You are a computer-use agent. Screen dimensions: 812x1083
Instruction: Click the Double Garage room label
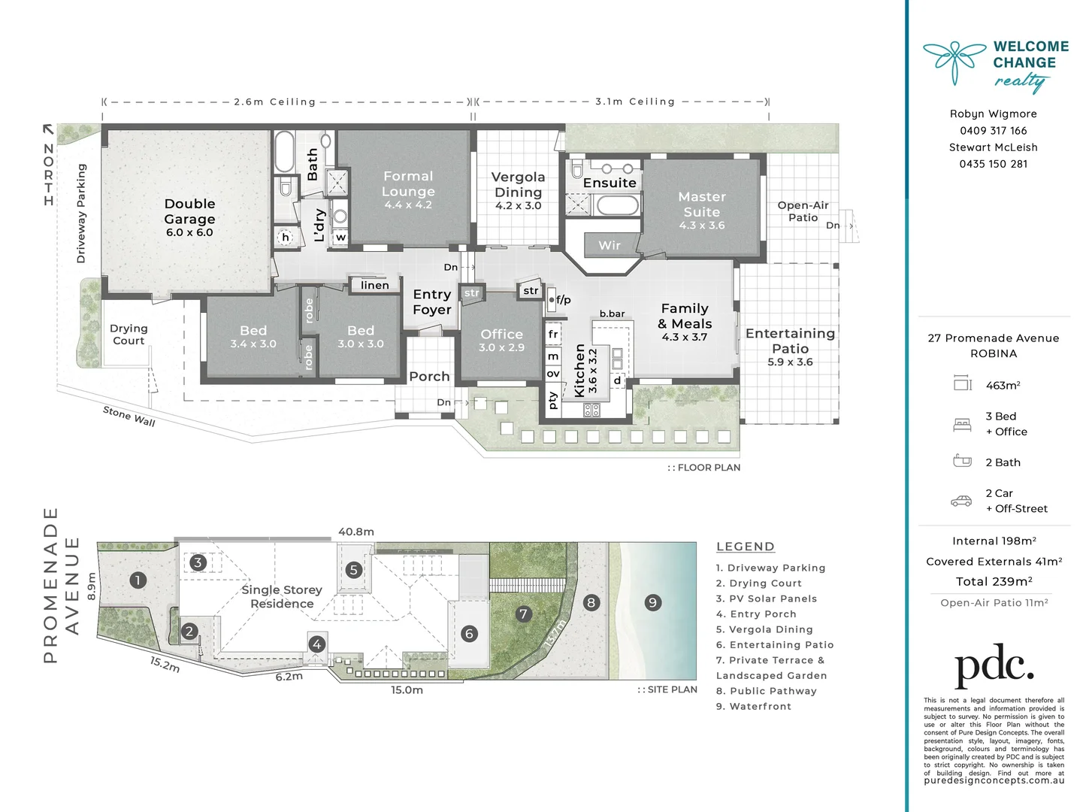click(189, 211)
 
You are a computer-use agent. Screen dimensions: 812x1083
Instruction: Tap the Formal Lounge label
click(408, 183)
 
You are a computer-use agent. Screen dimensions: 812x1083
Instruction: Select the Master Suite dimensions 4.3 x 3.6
click(701, 226)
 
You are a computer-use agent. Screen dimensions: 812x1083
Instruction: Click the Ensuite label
click(610, 183)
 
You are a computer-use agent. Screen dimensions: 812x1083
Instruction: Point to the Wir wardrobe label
click(610, 245)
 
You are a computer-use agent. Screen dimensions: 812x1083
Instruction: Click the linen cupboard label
click(374, 285)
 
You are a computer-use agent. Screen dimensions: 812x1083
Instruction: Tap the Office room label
click(501, 334)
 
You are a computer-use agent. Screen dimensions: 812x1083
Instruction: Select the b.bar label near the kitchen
click(612, 314)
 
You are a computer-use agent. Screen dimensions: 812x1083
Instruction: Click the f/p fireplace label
click(563, 299)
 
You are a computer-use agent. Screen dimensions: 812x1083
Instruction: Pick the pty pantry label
click(553, 400)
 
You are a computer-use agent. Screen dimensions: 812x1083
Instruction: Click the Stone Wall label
click(129, 417)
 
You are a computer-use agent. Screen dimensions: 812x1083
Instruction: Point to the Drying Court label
click(129, 335)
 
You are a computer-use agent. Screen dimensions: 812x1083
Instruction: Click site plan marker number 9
click(652, 602)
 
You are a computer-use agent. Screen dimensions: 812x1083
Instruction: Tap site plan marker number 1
click(138, 580)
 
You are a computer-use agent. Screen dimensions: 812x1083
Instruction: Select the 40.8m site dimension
click(355, 532)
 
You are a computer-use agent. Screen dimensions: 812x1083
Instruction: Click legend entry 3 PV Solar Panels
click(766, 598)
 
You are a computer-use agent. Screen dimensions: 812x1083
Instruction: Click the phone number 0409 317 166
click(993, 131)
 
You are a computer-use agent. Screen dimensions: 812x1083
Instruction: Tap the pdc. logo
click(994, 665)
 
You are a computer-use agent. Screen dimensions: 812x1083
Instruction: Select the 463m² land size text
click(1003, 385)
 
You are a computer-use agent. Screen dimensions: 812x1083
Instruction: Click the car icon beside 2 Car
click(961, 501)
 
